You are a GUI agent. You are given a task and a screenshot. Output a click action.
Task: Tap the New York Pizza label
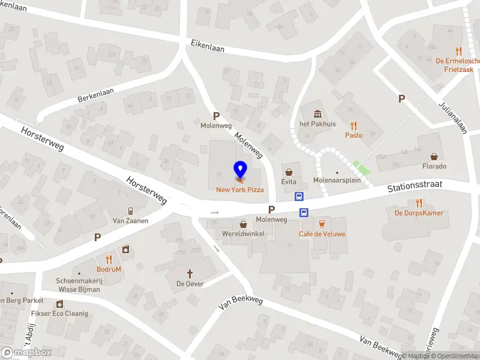tap(240, 190)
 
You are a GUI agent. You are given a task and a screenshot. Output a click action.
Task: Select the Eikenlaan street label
tap(206, 45)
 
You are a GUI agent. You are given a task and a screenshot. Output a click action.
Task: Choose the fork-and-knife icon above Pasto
tap(354, 125)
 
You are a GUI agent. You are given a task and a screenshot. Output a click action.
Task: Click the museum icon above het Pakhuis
tap(317, 114)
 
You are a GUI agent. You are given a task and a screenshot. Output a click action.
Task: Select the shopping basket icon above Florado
tap(435, 155)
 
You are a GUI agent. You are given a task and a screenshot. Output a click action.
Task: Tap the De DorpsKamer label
tap(418, 213)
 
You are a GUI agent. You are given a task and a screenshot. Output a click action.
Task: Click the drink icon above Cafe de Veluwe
tap(322, 223)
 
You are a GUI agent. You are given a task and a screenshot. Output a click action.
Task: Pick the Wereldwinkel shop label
tap(243, 233)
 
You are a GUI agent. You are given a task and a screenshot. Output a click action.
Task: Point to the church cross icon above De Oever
tap(190, 273)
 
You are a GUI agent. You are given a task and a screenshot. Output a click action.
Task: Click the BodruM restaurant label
tap(109, 269)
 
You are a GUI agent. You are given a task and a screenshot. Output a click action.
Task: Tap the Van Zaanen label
tap(130, 221)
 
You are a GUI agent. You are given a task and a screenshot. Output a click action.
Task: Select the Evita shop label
tap(289, 181)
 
